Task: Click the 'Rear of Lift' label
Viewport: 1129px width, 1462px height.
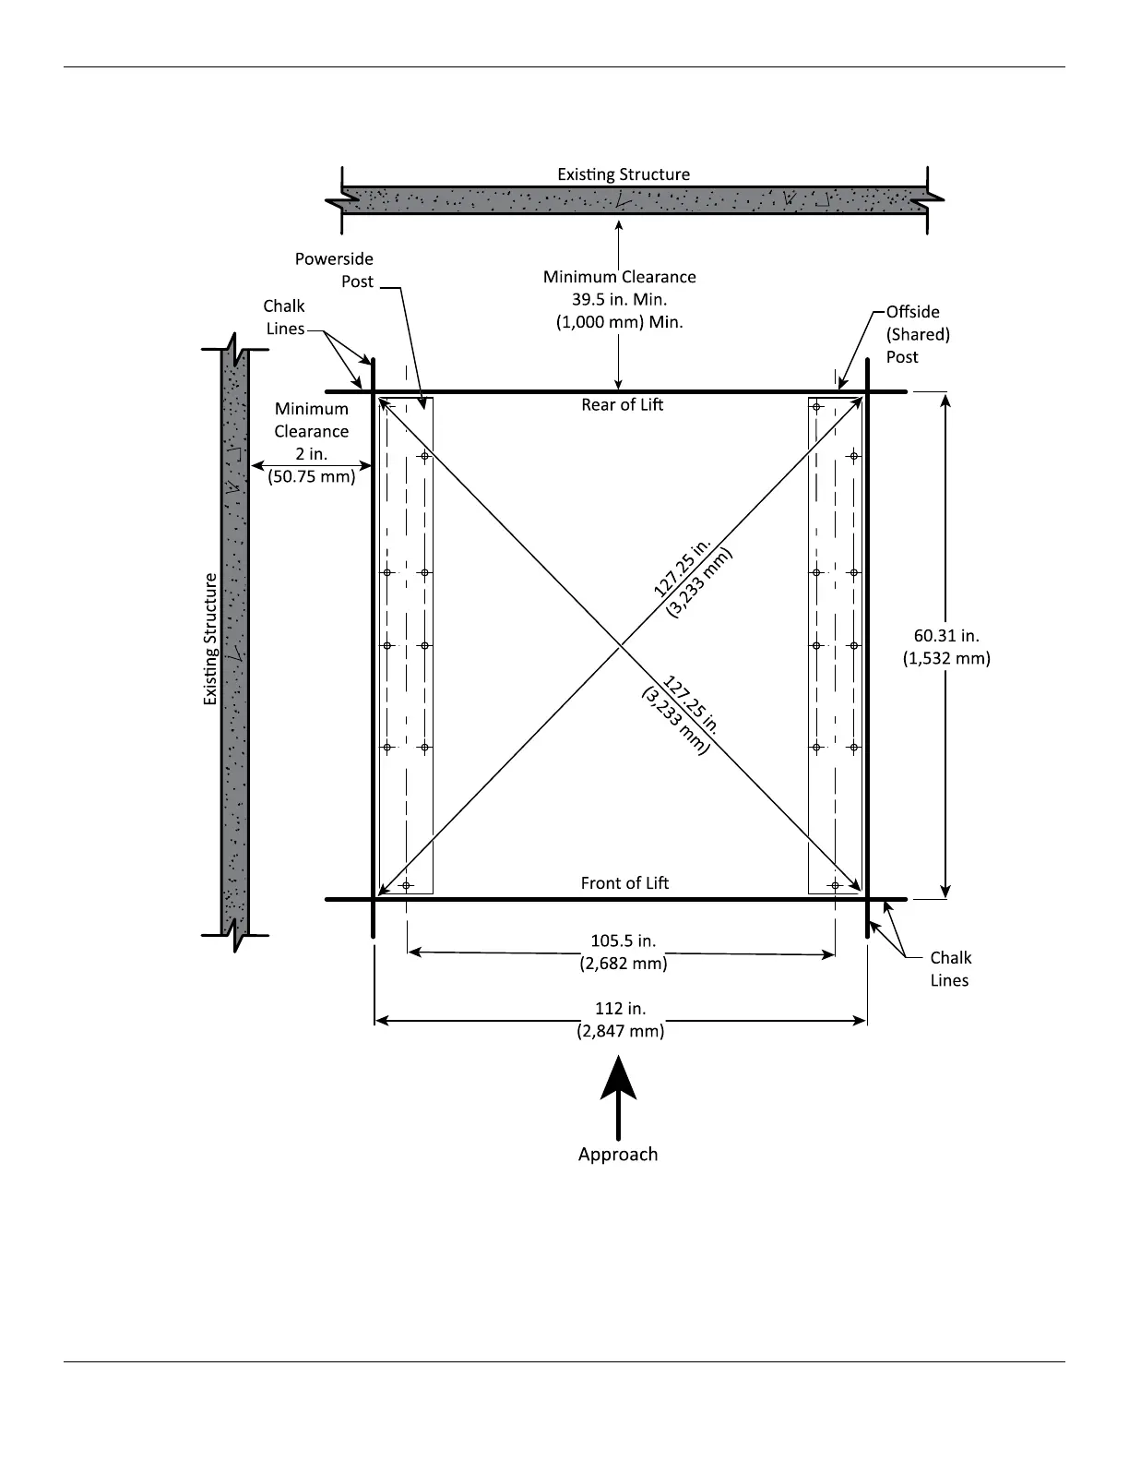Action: pyautogui.click(x=622, y=405)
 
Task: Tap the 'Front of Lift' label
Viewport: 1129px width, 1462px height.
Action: pyautogui.click(x=624, y=883)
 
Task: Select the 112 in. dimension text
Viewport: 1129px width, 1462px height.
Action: pyautogui.click(x=620, y=1009)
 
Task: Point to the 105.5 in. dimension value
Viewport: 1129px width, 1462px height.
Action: pyautogui.click(x=623, y=941)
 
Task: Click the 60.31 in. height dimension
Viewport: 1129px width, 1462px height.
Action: pyautogui.click(x=946, y=636)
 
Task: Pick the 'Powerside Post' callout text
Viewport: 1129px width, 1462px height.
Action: pyautogui.click(x=334, y=270)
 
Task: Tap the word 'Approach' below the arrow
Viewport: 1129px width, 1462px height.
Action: pyautogui.click(x=618, y=1155)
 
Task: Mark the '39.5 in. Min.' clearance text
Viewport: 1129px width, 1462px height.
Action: pyautogui.click(x=619, y=300)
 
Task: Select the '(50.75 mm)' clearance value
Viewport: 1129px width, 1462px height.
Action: pyautogui.click(x=312, y=477)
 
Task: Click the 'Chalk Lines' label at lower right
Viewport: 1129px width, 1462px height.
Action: pyautogui.click(x=949, y=969)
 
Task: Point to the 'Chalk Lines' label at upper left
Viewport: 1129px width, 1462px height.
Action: pyautogui.click(x=285, y=318)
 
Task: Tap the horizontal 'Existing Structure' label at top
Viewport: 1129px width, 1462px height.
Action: pyautogui.click(x=624, y=174)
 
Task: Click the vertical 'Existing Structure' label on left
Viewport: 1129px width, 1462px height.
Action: pyautogui.click(x=211, y=640)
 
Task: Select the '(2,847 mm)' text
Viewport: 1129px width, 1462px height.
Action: pyautogui.click(x=620, y=1031)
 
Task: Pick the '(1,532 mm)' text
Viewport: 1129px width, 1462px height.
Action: pyautogui.click(x=946, y=658)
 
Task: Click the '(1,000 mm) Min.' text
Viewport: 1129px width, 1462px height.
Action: pyautogui.click(x=619, y=323)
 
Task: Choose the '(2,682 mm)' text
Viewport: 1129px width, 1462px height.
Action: pyautogui.click(x=623, y=964)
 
